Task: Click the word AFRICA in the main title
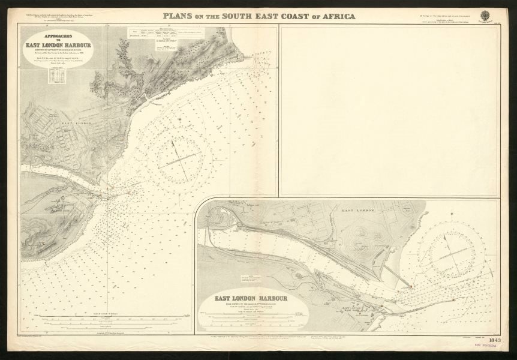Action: [333, 16]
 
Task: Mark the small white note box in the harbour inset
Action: [251, 278]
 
